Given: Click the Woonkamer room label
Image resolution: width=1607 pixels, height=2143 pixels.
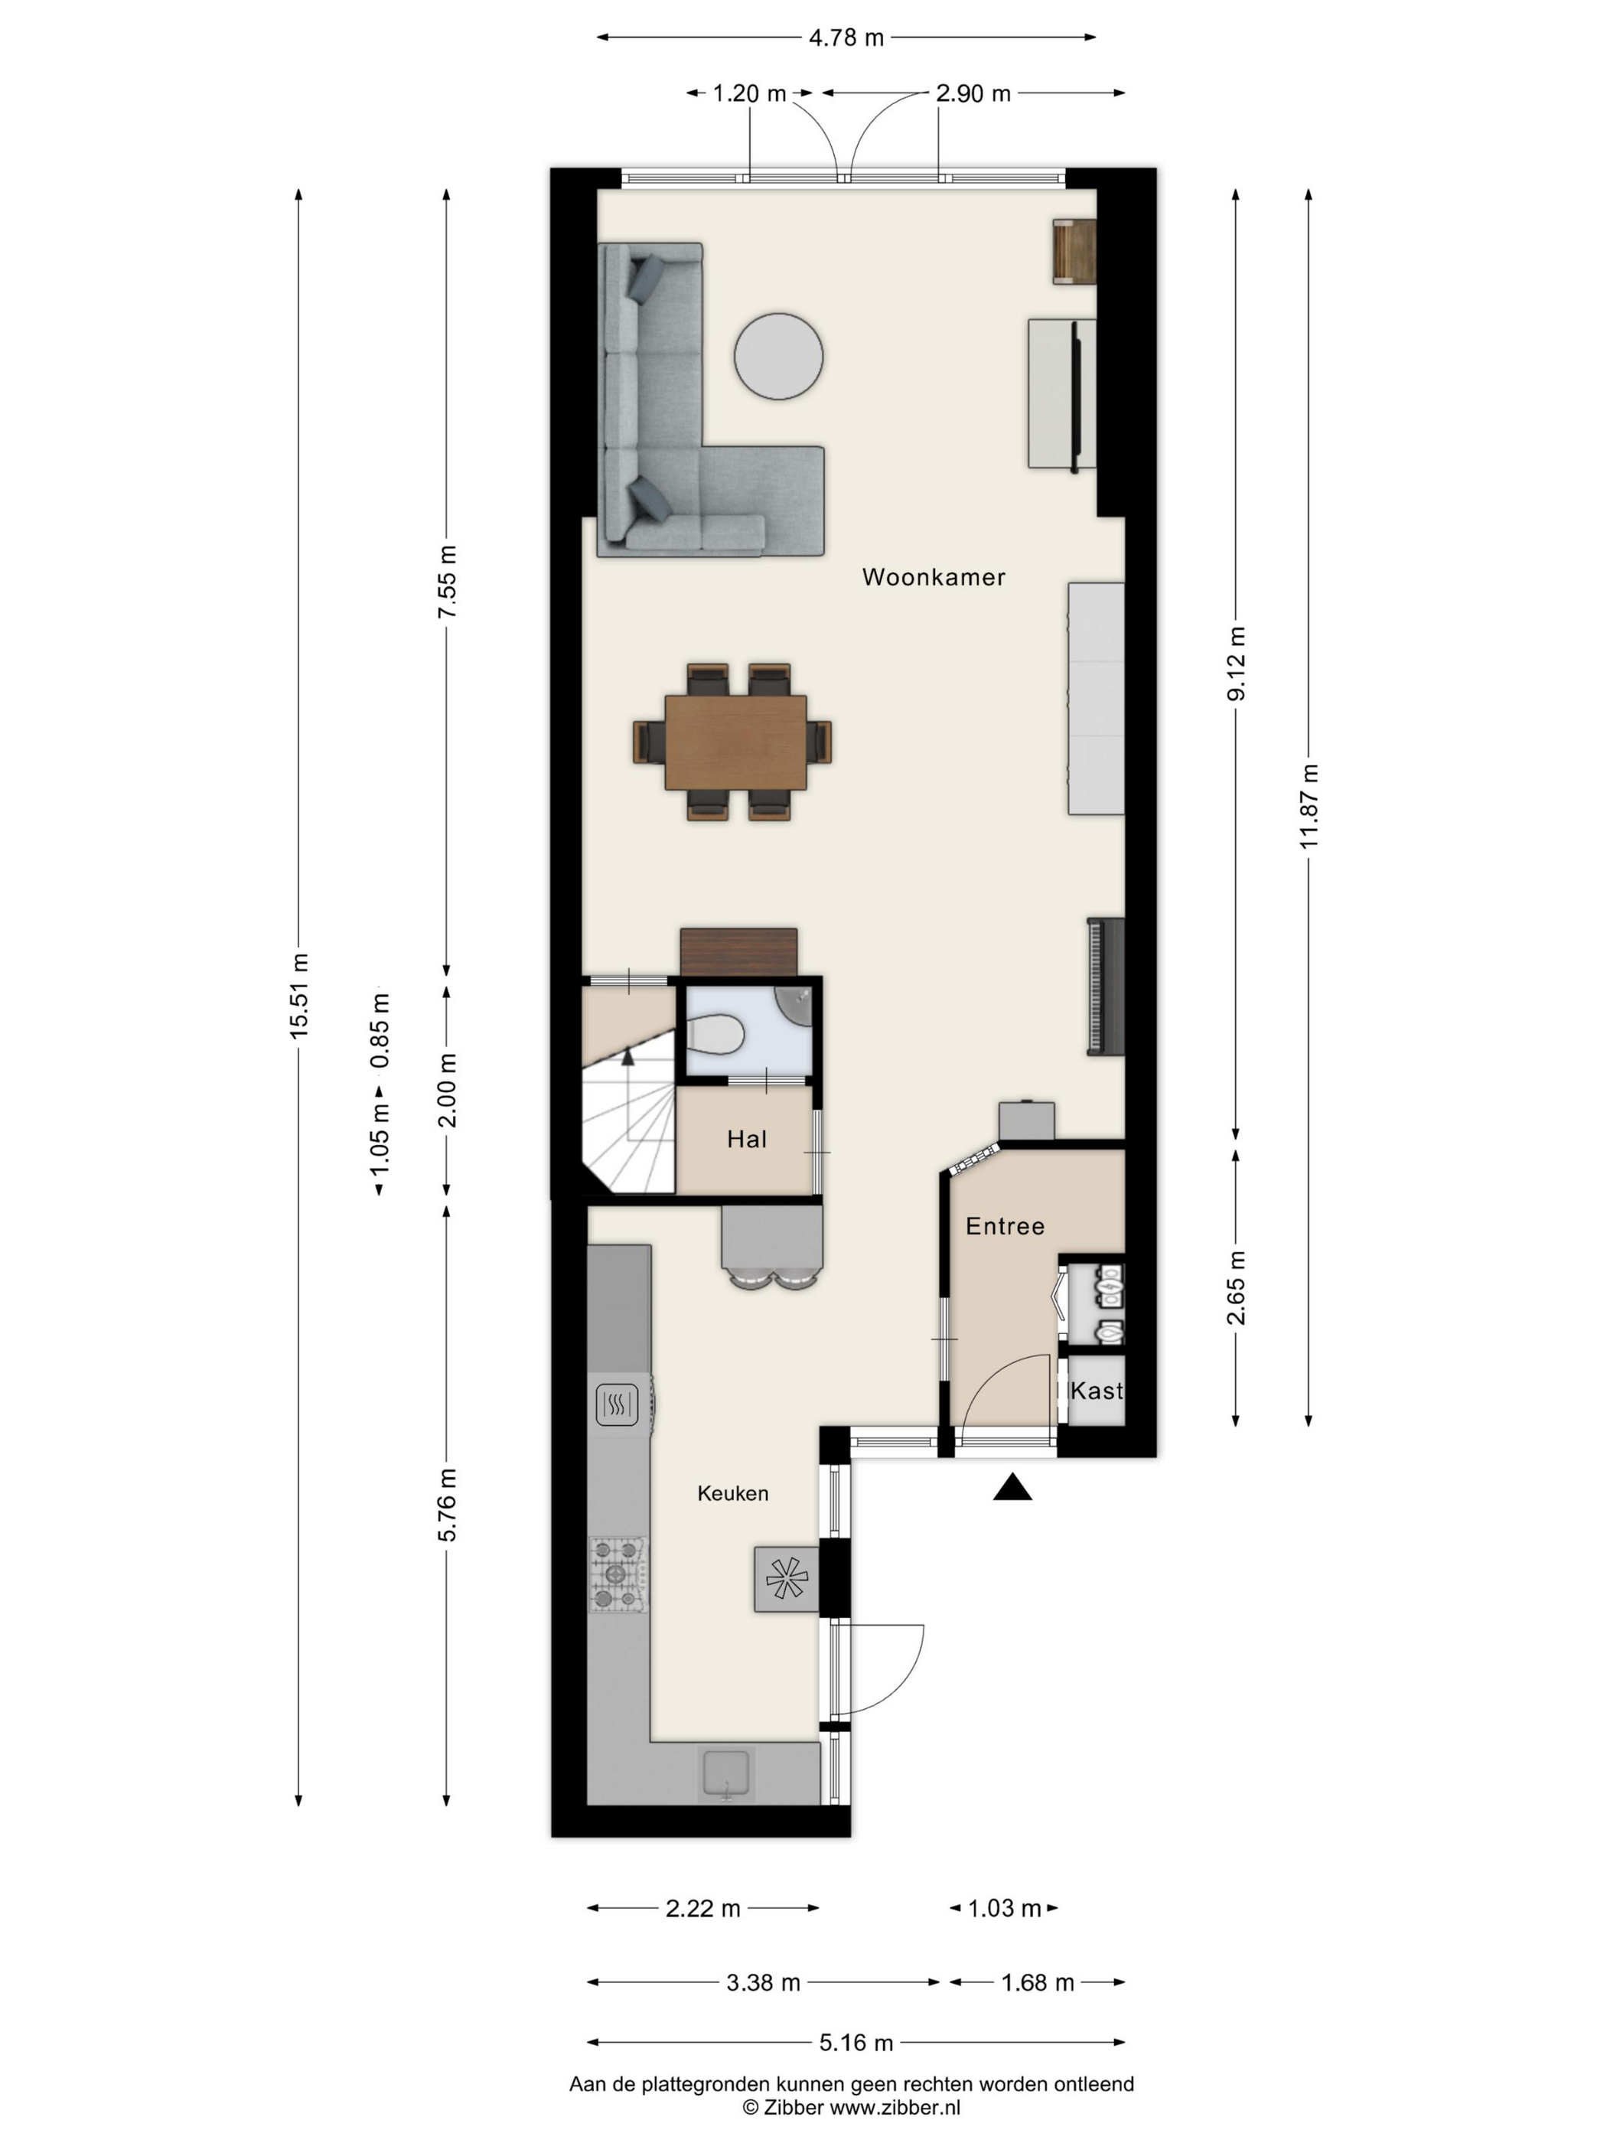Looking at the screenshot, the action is point(933,577).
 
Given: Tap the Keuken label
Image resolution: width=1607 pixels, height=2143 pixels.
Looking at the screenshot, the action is point(732,1493).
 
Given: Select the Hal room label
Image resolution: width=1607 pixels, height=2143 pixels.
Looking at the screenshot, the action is point(746,1140).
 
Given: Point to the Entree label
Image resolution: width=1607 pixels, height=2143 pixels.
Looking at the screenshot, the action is point(1005,1227).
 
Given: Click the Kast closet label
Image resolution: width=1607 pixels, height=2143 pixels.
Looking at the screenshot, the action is point(1097,1391).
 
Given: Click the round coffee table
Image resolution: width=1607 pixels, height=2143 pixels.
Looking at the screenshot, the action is point(777,356).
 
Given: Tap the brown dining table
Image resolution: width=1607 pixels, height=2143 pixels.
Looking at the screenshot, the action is point(735,742).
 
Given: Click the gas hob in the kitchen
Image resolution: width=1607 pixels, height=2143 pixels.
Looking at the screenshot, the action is point(617,1574).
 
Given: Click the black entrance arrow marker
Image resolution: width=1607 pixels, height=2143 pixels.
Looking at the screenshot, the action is point(1012,1487).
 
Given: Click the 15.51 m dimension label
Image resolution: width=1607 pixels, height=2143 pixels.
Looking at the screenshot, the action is point(298,996).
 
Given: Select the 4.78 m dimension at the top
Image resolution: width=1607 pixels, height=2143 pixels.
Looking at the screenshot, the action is point(846,38).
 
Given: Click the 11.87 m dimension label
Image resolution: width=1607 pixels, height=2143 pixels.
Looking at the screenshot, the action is point(1309,806).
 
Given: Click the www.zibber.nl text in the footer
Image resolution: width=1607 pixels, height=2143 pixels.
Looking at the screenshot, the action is point(895,2106).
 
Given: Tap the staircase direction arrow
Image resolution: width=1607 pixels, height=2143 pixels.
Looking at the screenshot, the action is point(627,1057).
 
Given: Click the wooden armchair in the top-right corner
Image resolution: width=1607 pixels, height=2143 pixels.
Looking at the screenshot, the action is point(1074,251).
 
